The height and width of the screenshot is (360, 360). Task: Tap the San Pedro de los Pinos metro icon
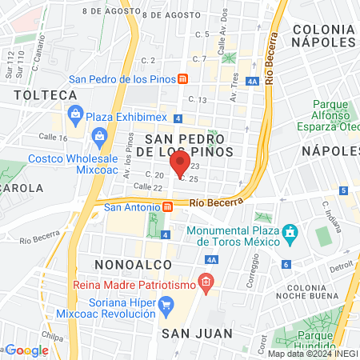(x=183, y=78)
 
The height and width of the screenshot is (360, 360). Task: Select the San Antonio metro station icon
(x=167, y=206)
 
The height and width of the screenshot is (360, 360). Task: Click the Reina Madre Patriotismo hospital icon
(x=206, y=282)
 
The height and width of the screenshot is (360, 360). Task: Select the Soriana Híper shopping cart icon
(x=166, y=303)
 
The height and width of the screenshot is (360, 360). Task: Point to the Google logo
(x=26, y=350)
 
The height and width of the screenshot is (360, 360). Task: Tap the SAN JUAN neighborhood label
(x=197, y=333)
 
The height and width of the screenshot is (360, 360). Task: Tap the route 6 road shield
(x=286, y=264)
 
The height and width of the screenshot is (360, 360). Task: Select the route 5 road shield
(x=343, y=190)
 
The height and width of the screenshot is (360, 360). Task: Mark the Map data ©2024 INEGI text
(x=313, y=354)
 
